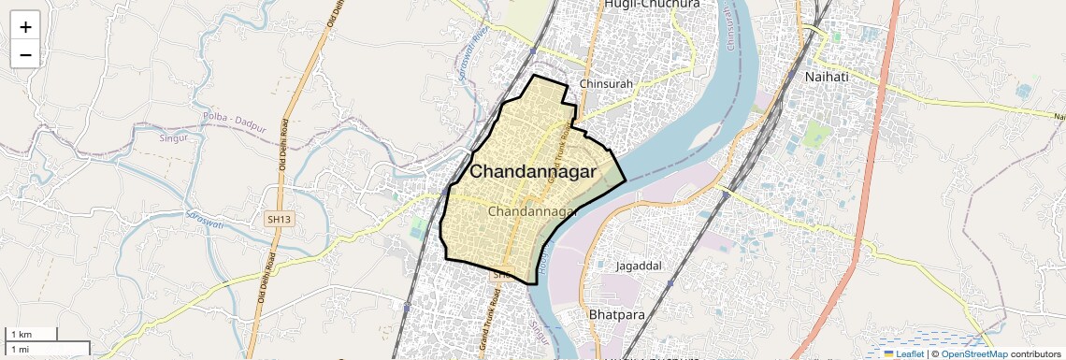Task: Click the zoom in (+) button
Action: tap(25, 27)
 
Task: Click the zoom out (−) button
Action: tap(25, 54)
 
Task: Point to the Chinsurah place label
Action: tap(607, 84)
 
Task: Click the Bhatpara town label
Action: tap(617, 315)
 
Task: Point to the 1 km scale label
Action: tap(21, 335)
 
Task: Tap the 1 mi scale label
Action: tap(21, 349)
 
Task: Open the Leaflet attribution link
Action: tap(903, 354)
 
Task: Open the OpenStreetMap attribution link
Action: tap(973, 354)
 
